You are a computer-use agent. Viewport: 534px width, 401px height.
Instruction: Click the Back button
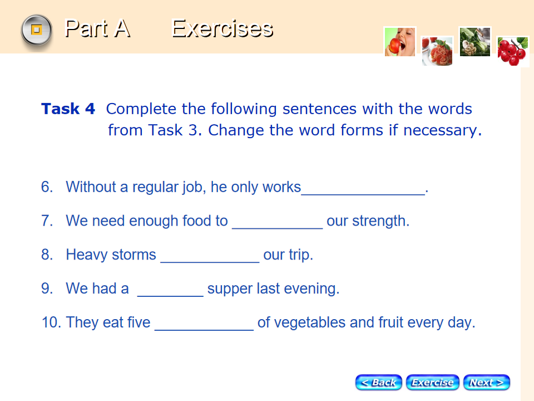378,382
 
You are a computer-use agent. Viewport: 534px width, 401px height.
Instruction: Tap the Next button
487,382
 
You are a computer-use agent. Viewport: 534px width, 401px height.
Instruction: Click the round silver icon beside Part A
37,30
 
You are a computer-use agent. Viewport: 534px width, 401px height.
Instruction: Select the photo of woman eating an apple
400,42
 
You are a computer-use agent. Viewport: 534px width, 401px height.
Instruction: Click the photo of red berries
512,51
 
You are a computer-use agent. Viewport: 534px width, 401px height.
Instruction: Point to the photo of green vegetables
474,42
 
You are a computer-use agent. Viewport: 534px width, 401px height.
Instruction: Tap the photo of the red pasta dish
437,51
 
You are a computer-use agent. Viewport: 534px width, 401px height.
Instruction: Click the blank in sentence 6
363,194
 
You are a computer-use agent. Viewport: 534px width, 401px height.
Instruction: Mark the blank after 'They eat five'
204,329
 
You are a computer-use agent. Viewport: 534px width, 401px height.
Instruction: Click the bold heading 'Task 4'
68,109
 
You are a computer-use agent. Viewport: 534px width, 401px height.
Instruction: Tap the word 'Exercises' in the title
222,28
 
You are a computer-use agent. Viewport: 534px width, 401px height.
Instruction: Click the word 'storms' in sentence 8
134,255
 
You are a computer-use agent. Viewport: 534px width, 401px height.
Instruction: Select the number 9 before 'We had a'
47,288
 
